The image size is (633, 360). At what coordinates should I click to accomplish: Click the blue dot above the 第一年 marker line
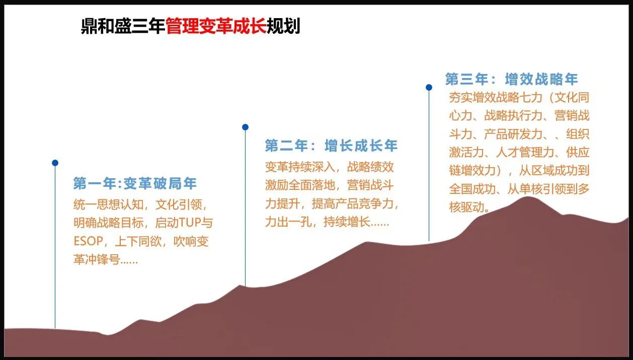(x=55, y=163)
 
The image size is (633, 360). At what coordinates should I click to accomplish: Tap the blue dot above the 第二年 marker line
(x=245, y=127)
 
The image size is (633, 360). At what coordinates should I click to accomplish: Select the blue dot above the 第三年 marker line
(x=429, y=88)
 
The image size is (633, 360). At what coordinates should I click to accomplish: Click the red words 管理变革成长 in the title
(x=216, y=26)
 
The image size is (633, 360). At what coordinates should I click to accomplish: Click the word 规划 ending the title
(x=283, y=26)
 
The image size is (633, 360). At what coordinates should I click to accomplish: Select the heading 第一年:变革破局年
(x=135, y=183)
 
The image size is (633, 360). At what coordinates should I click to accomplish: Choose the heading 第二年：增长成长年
(x=331, y=146)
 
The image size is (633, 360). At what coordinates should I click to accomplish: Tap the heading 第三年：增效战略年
(x=512, y=79)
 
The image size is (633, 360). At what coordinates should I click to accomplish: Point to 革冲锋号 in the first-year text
(x=97, y=259)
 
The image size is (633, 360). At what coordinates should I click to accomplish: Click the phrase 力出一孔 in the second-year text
(x=288, y=222)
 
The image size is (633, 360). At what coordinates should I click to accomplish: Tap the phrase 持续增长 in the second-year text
(x=347, y=222)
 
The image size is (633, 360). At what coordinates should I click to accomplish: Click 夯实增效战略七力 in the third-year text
(x=496, y=98)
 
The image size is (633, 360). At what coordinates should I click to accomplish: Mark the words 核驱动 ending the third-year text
(x=467, y=207)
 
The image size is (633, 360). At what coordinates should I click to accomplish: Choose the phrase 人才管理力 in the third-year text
(x=525, y=153)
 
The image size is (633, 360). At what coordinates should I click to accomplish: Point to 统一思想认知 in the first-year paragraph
(x=109, y=204)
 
